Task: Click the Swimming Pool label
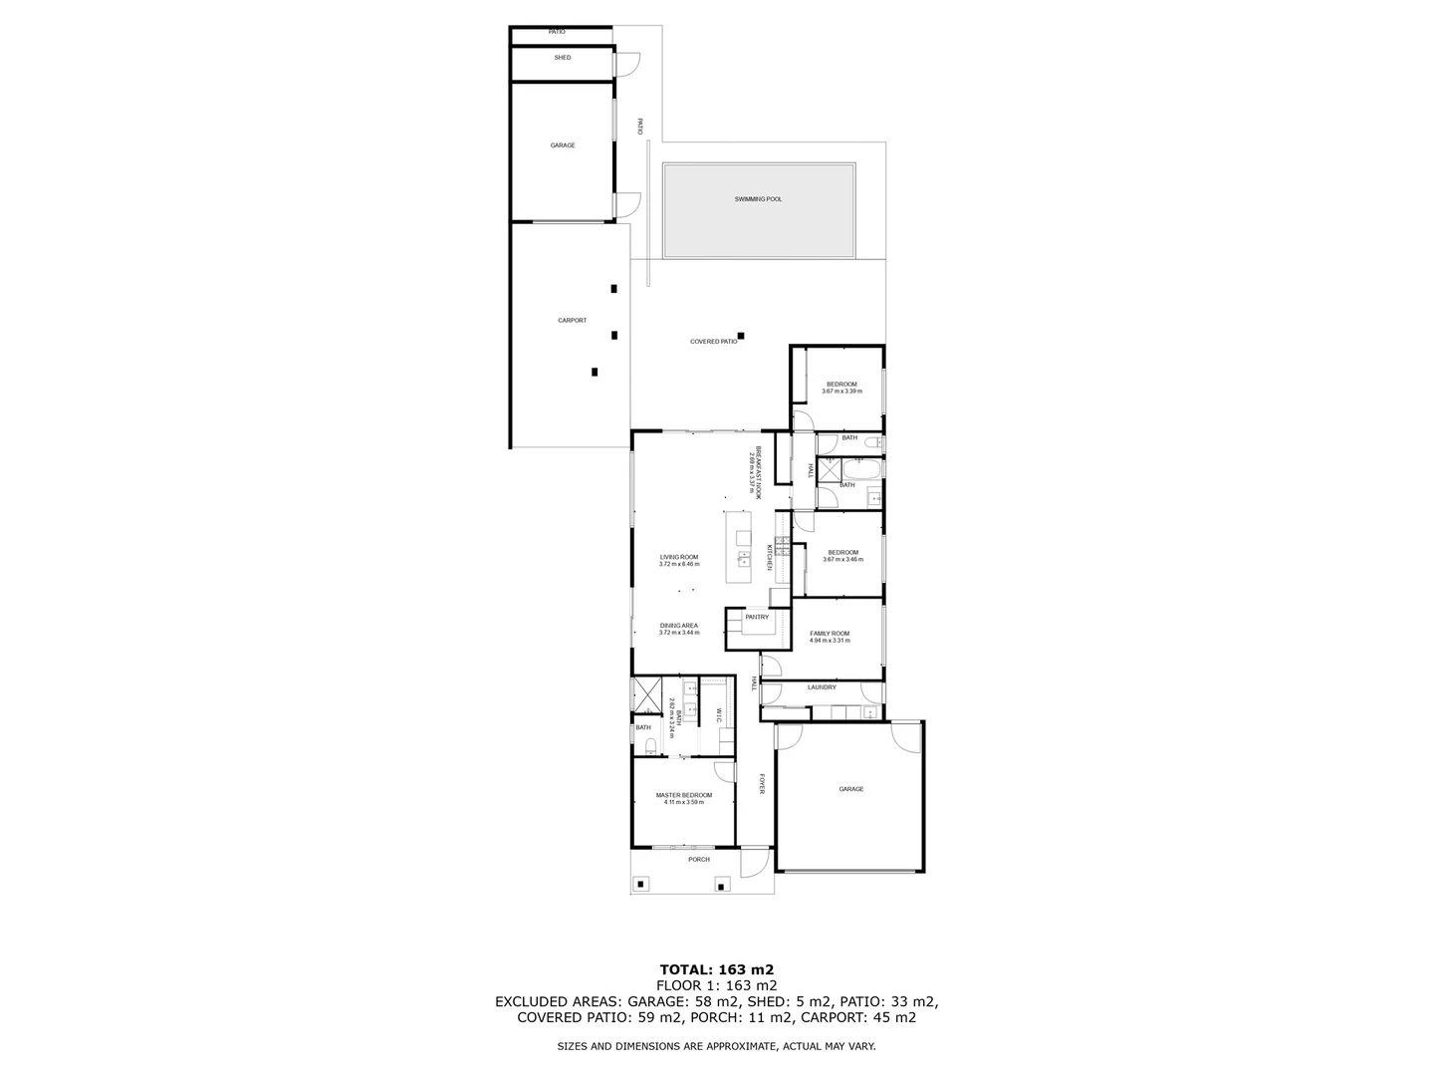(758, 199)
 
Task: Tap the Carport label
(572, 321)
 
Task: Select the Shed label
(563, 58)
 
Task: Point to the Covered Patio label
(713, 342)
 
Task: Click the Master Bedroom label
(683, 795)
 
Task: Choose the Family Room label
(829, 634)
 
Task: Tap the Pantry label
(757, 618)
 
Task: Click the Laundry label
(822, 687)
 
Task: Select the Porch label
(699, 860)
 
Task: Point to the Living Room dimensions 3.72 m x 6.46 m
(678, 565)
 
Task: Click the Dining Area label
(678, 626)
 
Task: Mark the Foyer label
(762, 785)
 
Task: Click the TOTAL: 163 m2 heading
(716, 968)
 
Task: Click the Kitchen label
(770, 557)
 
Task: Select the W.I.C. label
(719, 715)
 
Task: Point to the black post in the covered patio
(740, 336)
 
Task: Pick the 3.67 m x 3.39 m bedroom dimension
(841, 392)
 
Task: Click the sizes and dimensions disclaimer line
(716, 1046)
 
